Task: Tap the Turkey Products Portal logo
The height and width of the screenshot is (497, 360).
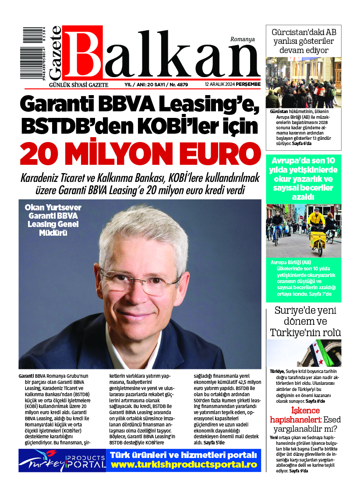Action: [x=62, y=460]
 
